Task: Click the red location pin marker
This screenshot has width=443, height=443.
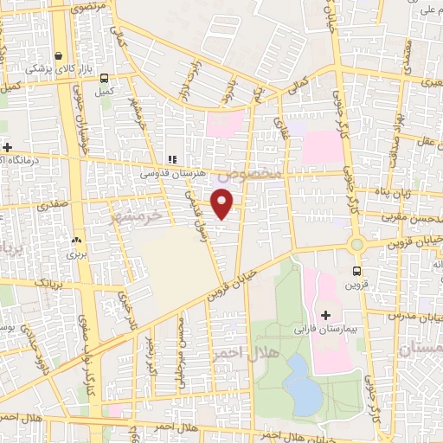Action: pyautogui.click(x=223, y=202)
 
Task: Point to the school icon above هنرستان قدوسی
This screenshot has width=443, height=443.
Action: pyautogui.click(x=170, y=160)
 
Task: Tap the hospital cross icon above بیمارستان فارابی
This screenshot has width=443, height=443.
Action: pyautogui.click(x=326, y=315)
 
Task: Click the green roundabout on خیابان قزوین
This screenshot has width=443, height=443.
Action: pyautogui.click(x=356, y=245)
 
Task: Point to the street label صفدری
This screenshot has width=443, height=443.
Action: pyautogui.click(x=50, y=208)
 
